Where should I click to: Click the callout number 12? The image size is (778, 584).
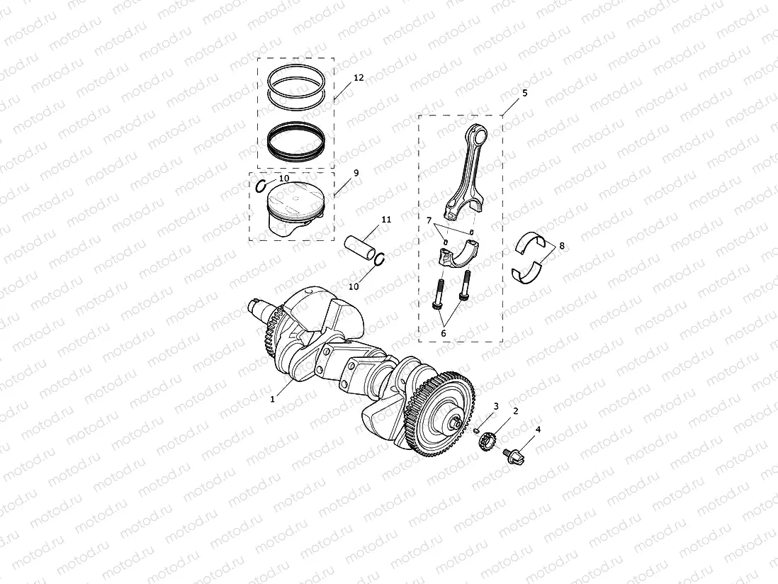point(359,77)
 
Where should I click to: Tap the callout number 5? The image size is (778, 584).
point(524,92)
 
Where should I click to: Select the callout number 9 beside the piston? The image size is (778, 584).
point(356,172)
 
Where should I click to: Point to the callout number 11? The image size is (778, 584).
point(385,220)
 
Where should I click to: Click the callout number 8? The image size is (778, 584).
point(562,246)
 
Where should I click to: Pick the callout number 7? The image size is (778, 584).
point(429,222)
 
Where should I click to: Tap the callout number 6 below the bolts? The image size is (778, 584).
point(444,332)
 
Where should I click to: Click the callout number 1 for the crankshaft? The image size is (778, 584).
point(272,399)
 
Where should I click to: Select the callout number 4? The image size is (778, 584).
point(539,429)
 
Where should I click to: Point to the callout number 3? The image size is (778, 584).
point(497,406)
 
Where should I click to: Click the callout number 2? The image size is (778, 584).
point(516,411)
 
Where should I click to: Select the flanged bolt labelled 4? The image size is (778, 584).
point(512,456)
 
